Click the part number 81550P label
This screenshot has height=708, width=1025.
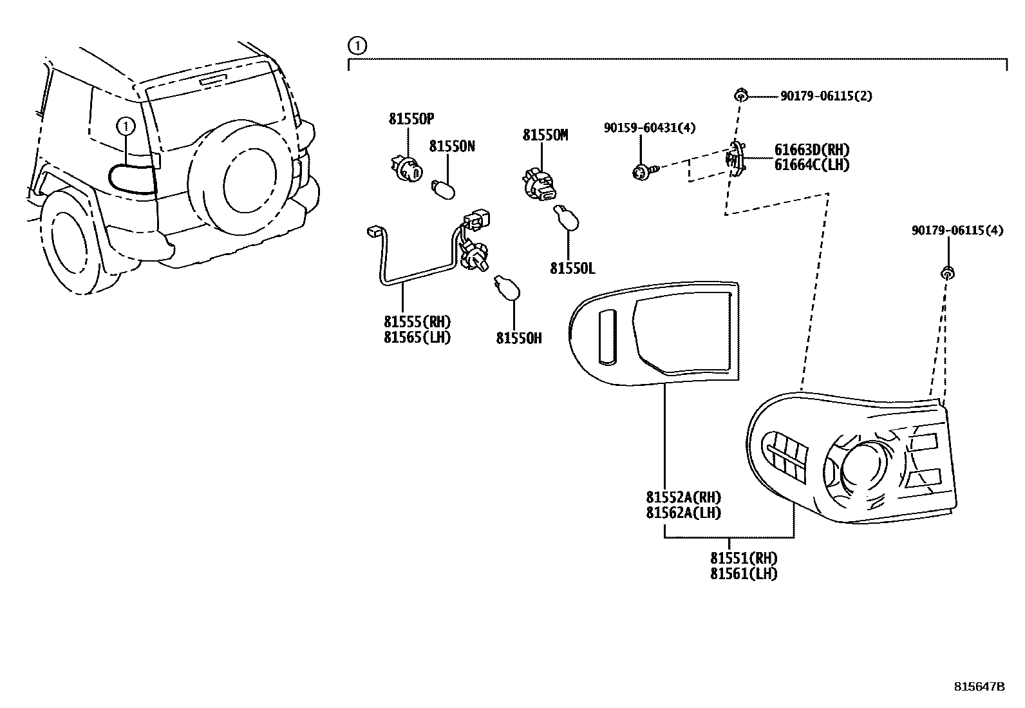click(411, 119)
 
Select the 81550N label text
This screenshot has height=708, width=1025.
click(452, 146)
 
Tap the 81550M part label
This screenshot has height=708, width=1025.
click(545, 135)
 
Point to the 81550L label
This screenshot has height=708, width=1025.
click(573, 269)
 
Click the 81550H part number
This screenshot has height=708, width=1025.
click(519, 338)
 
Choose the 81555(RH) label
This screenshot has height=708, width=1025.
click(417, 321)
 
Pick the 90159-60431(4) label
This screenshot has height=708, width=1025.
click(650, 128)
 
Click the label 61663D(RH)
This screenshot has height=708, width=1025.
click(812, 149)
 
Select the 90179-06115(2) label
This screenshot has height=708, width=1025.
click(827, 96)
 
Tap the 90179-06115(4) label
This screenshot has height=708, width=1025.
click(957, 231)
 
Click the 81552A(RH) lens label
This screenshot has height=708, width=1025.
click(684, 497)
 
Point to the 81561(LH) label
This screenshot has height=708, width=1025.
click(744, 574)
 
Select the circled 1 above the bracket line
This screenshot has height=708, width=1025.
click(357, 46)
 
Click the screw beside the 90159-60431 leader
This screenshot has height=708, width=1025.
click(645, 172)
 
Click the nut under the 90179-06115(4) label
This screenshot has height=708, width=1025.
click(947, 273)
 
